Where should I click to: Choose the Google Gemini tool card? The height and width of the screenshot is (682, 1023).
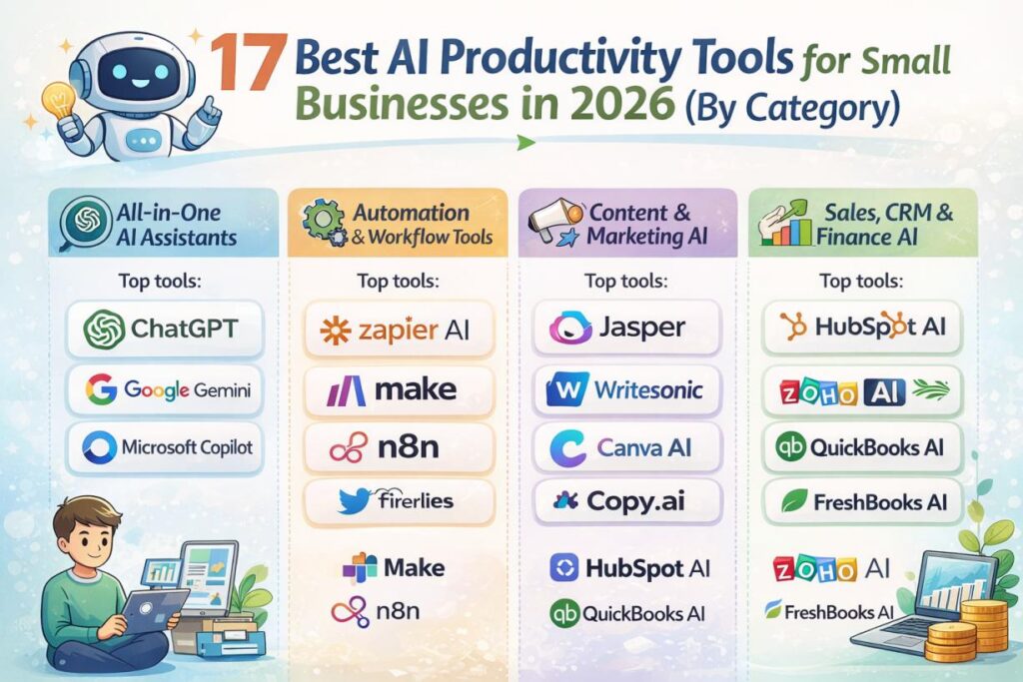click(164, 387)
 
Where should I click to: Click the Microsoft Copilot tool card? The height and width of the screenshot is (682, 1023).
click(164, 445)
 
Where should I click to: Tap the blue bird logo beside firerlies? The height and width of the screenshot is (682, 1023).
click(354, 501)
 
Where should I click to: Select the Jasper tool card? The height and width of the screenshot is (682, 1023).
click(626, 328)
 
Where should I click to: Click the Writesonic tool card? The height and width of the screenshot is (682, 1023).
click(626, 388)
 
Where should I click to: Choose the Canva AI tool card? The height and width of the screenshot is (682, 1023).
click(626, 446)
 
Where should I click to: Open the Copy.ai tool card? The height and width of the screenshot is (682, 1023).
click(626, 501)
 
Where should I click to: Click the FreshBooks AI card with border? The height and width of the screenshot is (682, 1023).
click(861, 501)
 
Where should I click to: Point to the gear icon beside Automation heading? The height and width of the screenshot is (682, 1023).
click(321, 220)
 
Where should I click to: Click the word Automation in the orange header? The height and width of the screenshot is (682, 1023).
click(411, 213)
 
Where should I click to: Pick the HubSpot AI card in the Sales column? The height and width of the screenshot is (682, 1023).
click(861, 328)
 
